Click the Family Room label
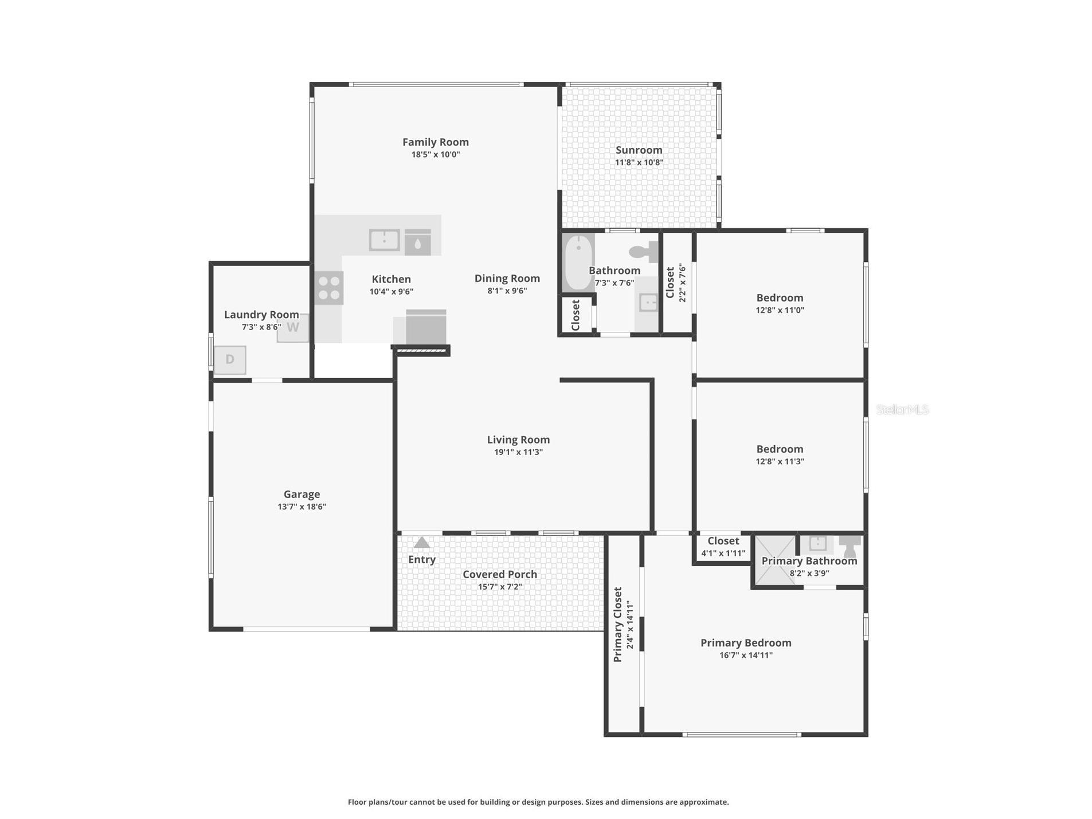point(435,142)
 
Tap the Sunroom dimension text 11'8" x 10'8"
point(639,162)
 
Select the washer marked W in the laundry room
point(292,328)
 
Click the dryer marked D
point(230,359)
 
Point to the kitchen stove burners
point(329,288)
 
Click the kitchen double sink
point(384,240)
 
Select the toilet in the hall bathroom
point(644,252)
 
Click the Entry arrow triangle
point(421,542)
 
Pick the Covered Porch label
point(499,574)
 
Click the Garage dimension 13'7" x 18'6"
point(302,507)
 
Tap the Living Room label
point(518,439)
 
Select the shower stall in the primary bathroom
point(774,559)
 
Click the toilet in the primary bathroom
point(849,545)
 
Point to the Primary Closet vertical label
point(617,624)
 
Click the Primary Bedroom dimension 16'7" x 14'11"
point(745,655)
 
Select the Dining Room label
point(507,278)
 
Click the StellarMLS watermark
point(902,409)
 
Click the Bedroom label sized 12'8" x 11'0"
point(779,297)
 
